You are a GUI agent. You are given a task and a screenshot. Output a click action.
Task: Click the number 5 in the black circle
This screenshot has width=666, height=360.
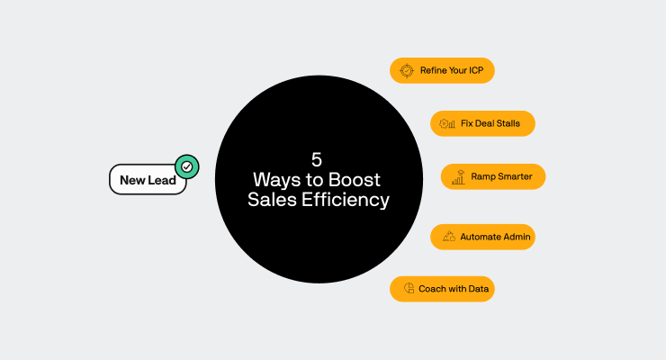point(317,159)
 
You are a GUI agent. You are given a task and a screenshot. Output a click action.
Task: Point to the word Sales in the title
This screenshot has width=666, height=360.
point(271,200)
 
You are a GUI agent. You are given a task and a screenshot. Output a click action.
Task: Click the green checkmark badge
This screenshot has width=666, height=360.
point(187,166)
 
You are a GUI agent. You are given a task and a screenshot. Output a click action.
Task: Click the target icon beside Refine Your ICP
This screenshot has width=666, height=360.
point(406,70)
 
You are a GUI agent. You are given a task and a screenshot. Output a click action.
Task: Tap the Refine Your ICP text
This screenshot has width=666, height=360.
point(452,70)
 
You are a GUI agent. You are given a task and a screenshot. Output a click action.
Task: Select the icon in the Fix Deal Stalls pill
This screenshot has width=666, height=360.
point(446,123)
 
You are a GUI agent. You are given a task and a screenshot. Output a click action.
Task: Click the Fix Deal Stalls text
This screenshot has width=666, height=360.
point(491,123)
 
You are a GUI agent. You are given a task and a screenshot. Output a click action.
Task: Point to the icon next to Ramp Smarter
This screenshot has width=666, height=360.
point(458,176)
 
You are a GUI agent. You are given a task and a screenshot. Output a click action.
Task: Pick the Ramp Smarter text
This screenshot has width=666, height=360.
point(502,176)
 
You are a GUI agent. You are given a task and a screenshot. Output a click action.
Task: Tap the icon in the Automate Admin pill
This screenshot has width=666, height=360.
point(448,237)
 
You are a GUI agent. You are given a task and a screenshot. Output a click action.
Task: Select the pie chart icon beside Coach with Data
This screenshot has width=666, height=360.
point(408,289)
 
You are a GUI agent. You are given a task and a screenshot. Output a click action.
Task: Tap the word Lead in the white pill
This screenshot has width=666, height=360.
point(162,180)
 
